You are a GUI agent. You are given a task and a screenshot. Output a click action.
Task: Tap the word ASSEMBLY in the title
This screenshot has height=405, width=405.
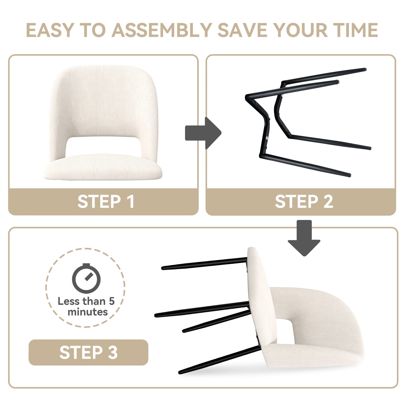pos(162,30)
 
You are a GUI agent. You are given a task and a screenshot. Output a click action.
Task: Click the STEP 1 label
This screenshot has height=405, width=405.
pos(106,201)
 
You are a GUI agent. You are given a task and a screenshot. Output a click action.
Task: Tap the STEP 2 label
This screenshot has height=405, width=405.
pos(304,201)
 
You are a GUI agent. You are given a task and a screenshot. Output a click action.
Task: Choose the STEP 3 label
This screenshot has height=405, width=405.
pos(89,352)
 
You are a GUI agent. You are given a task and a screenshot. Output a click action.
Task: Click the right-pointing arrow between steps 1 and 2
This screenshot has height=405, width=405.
pos(203,133)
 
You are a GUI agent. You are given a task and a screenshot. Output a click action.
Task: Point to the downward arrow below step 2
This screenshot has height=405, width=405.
pos(304,238)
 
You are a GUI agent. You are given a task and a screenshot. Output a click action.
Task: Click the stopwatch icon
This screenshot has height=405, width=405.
pos(86,278)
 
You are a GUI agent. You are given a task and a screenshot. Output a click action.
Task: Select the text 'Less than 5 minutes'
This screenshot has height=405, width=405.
pos(86,307)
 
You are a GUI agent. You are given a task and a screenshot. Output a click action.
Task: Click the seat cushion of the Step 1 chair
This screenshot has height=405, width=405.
pos(103,167)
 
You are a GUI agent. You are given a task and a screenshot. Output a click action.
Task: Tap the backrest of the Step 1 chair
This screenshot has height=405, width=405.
pos(103,101)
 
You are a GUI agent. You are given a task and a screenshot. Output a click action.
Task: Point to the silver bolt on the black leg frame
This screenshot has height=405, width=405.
pos(267,138)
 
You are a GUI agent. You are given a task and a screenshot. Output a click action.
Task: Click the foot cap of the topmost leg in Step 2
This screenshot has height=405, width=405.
pos(364,69)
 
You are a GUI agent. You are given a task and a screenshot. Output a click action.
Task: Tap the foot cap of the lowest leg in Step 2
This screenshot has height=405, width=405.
pos(349,175)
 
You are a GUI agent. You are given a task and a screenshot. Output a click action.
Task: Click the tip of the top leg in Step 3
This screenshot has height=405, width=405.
pos(163,268)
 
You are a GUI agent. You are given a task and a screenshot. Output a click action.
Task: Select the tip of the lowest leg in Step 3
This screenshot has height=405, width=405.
pos(180,372)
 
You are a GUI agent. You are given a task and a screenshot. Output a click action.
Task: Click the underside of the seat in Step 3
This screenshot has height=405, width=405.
pos(261,294)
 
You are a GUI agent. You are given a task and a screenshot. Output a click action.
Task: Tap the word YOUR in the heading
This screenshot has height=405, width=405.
pos(301,30)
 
